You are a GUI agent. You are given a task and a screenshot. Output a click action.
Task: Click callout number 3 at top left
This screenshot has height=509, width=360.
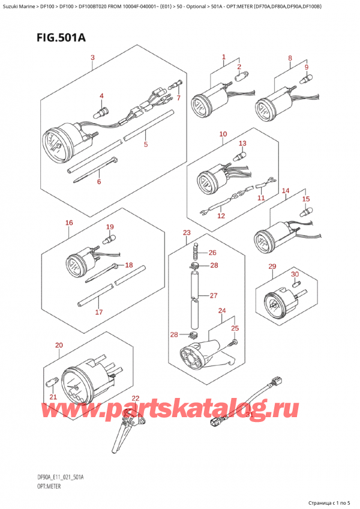pos(92,58)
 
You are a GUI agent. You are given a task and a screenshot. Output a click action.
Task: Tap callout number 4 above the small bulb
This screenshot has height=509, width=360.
pos(101,96)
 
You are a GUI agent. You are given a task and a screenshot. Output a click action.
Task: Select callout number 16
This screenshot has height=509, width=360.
pos(70,223)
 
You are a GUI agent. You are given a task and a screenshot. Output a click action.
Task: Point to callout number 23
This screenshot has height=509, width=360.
pos(187,232)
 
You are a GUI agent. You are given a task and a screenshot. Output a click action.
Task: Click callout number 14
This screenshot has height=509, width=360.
pos(286,190)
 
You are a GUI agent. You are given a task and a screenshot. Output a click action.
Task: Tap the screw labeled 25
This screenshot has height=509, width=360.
pos(234,342)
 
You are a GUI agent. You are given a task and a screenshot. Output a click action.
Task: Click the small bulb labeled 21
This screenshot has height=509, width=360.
pos(50,381)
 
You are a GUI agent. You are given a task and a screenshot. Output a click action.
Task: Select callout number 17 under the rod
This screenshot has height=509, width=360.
pos(98,312)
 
